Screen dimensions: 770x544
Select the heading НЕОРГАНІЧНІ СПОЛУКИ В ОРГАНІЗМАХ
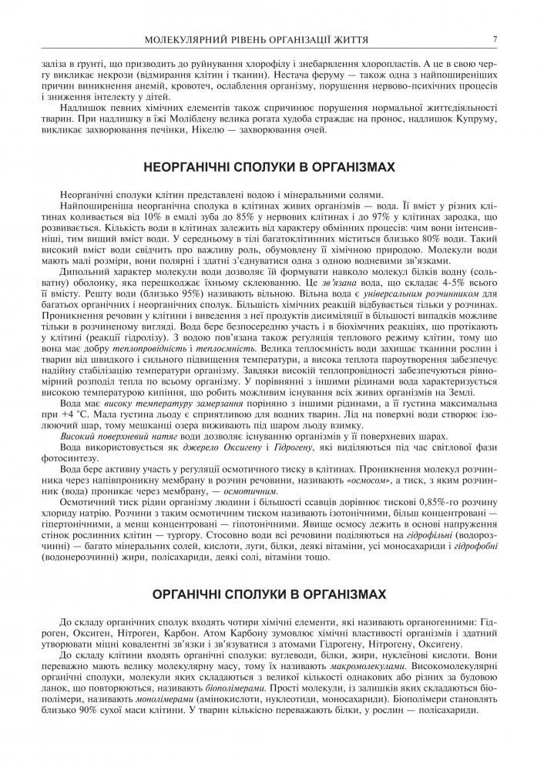click(273, 166)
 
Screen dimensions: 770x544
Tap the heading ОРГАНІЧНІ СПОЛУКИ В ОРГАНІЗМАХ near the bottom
click(273, 595)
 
